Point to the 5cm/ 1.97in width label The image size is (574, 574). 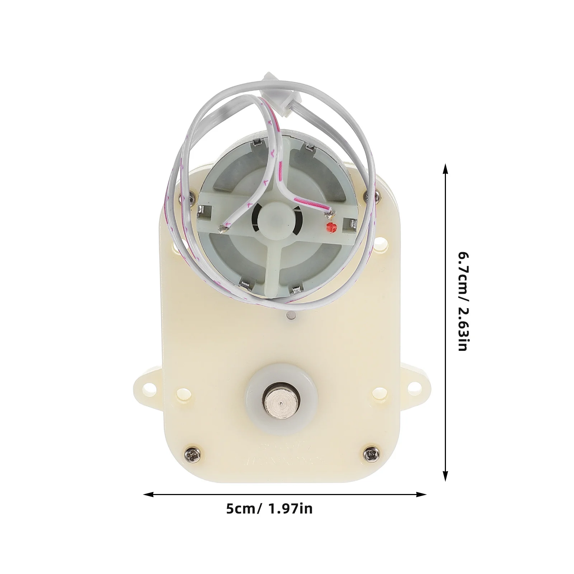(269, 509)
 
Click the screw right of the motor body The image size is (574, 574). (367, 196)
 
